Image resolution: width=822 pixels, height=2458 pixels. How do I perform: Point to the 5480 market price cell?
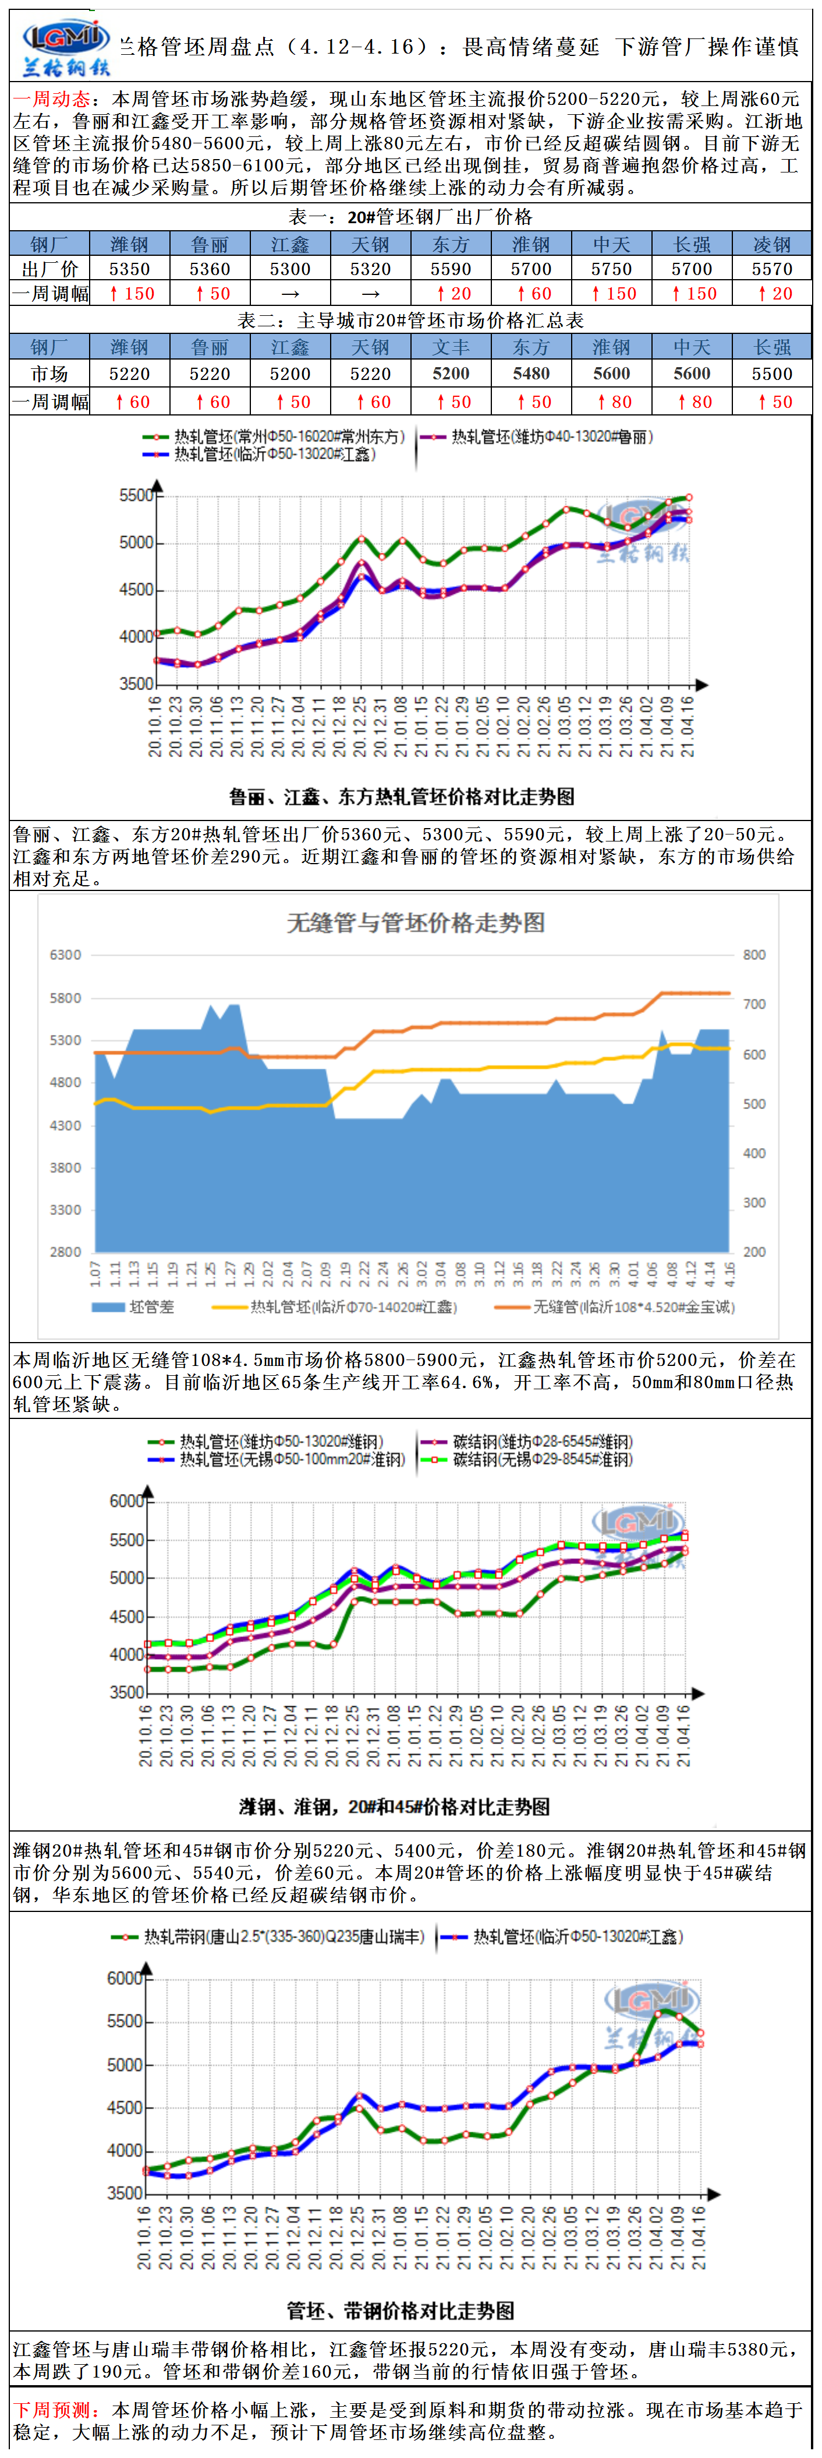pyautogui.click(x=531, y=373)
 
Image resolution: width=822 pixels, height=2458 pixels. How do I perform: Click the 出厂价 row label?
pyautogui.click(x=49, y=269)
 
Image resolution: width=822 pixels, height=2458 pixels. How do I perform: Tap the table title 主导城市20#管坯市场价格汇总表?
pyautogui.click(x=410, y=321)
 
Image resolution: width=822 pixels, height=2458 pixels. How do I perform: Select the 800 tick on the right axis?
pyautogui.click(x=753, y=954)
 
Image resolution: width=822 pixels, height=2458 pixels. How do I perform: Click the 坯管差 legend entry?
pyautogui.click(x=133, y=1307)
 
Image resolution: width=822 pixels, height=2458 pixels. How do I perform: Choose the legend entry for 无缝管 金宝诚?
pyautogui.click(x=615, y=1307)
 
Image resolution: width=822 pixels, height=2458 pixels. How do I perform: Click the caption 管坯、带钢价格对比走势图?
pyautogui.click(x=401, y=2310)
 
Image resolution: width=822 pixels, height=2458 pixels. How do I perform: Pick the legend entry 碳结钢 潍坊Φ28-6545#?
pyautogui.click(x=529, y=1441)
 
